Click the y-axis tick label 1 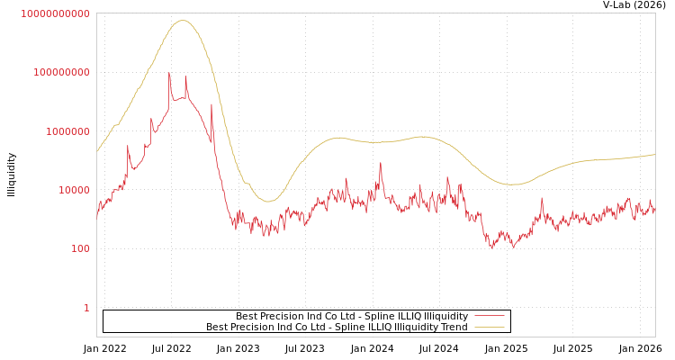pyautogui.click(x=86, y=308)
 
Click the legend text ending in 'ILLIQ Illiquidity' pyautogui.click(x=352, y=317)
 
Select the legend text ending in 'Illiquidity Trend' pyautogui.click(x=337, y=328)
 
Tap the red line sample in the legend pyautogui.click(x=489, y=317)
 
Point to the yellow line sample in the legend pyautogui.click(x=489, y=328)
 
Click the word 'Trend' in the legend pyautogui.click(x=454, y=328)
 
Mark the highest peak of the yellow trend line pyautogui.click(x=183, y=21)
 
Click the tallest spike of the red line pyautogui.click(x=169, y=73)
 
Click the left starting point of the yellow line pyautogui.click(x=97, y=152)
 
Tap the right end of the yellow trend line pyautogui.click(x=654, y=155)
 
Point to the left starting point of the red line pyautogui.click(x=97, y=216)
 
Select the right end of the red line pyautogui.click(x=654, y=211)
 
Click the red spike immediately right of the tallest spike pyautogui.click(x=186, y=76)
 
